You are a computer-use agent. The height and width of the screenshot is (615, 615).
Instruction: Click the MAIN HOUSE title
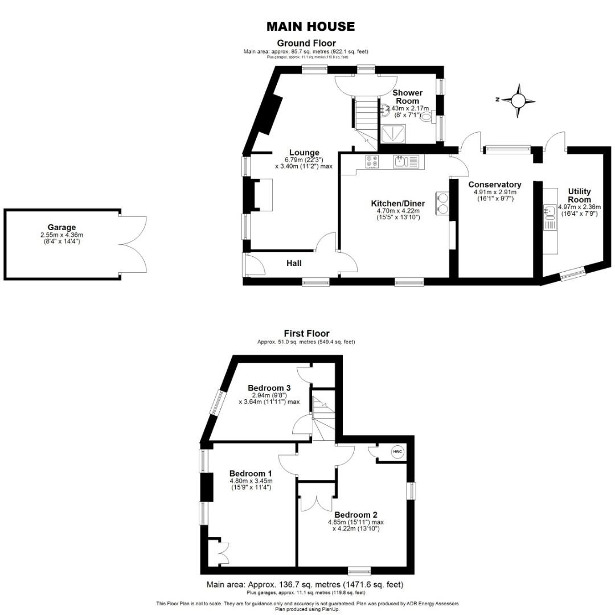point(311,26)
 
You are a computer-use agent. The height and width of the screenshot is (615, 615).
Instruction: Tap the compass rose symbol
point(518,101)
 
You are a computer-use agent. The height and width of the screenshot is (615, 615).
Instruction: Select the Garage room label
point(61,227)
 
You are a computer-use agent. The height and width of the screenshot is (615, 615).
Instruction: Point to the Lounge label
point(304,152)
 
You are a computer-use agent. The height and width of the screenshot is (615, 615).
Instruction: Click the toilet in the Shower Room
point(426,118)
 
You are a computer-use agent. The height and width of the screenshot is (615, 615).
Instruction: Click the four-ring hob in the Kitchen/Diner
point(372,162)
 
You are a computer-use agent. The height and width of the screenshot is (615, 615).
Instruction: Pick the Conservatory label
point(495,184)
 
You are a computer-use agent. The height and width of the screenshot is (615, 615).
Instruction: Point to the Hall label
point(294,263)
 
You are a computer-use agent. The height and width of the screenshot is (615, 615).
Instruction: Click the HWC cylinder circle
point(397,452)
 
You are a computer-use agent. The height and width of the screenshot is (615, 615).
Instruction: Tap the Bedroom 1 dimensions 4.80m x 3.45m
point(251,481)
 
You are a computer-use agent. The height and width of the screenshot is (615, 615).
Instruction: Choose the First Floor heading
point(306,334)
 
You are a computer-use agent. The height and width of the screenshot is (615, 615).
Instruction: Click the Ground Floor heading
point(306,43)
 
